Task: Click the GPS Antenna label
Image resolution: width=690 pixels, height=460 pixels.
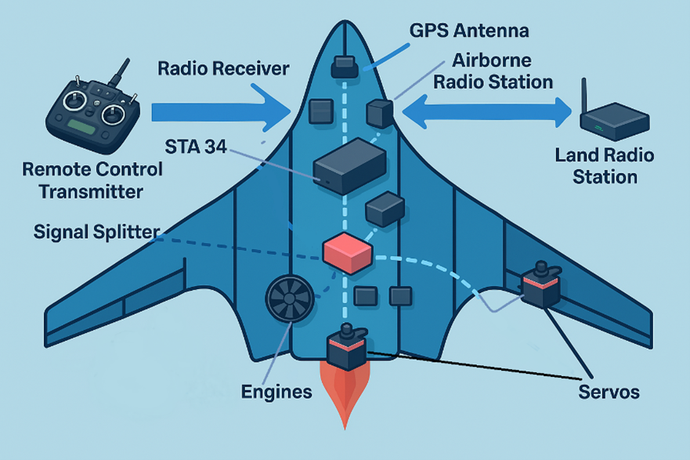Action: (469, 31)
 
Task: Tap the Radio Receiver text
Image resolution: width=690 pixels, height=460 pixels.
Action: (223, 69)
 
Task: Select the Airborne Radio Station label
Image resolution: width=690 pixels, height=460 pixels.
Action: (502, 71)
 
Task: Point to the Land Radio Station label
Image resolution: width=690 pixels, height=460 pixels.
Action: (604, 165)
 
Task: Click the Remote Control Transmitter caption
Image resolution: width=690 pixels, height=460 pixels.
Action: (92, 180)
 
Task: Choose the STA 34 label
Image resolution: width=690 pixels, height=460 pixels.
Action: (196, 145)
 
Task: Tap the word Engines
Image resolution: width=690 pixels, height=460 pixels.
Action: (276, 391)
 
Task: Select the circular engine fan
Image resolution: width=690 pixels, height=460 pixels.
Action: (288, 299)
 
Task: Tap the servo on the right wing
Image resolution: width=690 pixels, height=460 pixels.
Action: (542, 287)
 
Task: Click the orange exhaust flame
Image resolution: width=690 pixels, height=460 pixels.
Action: (344, 396)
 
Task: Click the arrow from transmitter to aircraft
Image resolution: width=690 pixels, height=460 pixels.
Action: (215, 110)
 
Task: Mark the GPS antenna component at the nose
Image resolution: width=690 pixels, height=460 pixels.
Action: (344, 67)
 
